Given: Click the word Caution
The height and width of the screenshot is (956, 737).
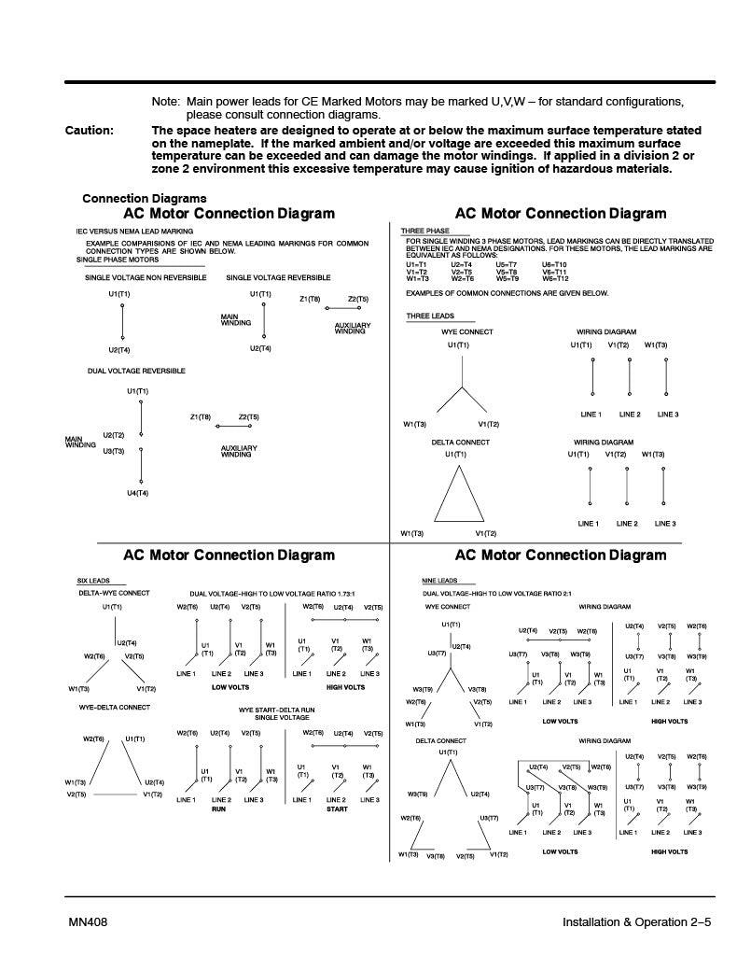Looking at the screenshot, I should (x=90, y=131).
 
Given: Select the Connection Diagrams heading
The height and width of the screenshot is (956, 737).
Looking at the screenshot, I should (x=145, y=198).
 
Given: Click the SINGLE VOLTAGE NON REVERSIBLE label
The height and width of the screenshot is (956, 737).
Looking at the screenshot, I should (x=146, y=277).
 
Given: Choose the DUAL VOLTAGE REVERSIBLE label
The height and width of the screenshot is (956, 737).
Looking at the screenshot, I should (x=136, y=371).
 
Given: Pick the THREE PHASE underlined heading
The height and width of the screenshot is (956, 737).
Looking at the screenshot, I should (x=425, y=231).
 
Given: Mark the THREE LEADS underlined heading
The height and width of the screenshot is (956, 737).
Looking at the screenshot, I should (x=430, y=316).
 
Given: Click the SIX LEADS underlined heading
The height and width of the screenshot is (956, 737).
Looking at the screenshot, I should (x=93, y=581).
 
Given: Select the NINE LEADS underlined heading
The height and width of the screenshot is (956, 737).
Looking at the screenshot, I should (x=440, y=581).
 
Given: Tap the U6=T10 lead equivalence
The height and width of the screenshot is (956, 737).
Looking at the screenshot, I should (x=554, y=264).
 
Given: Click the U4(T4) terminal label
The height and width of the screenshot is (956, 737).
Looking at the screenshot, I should (x=137, y=492).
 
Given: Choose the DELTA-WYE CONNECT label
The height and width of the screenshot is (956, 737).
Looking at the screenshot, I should (x=114, y=593).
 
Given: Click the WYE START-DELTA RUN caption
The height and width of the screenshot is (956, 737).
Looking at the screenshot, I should (x=277, y=710).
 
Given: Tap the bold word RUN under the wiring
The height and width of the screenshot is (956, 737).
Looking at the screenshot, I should (x=218, y=809).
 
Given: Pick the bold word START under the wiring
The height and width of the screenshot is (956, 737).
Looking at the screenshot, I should (x=337, y=809).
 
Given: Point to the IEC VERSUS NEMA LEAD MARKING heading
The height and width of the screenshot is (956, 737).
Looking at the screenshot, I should (x=135, y=231).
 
